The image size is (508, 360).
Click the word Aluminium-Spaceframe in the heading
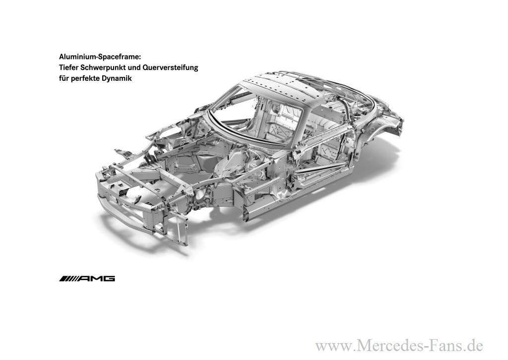[100, 57]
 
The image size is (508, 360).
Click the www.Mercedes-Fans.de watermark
[399, 345]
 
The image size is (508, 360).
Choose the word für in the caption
[64, 78]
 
